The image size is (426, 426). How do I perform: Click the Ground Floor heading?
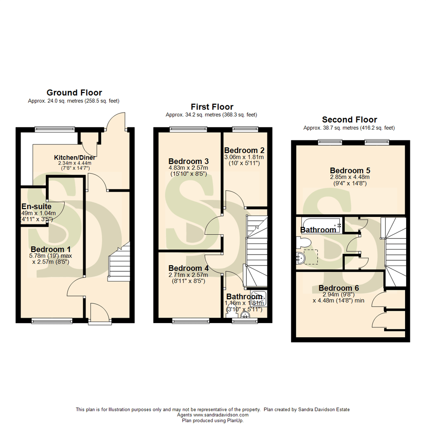pos(74,93)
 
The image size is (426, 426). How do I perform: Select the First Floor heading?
pos(212,107)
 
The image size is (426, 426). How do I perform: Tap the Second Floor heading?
pos(349,120)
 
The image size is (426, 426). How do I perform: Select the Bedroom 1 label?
pos(50,250)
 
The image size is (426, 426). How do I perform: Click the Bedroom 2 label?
pos(244,150)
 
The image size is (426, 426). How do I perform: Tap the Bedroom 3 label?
pos(189,161)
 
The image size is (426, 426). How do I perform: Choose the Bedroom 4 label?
pos(189,268)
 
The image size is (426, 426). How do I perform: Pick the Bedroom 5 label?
pos(350,170)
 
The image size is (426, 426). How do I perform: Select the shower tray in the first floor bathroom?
pos(261,298)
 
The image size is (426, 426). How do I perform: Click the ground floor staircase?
pos(119,264)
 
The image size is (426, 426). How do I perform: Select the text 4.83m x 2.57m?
pos(188,168)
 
